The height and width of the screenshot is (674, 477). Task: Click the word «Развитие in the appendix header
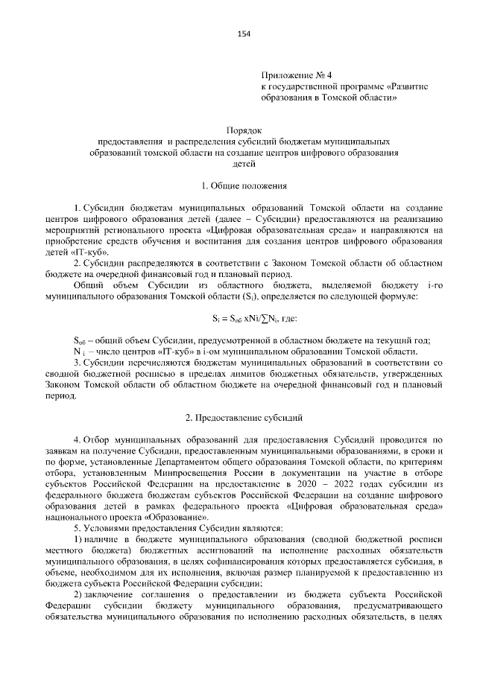tap(420, 86)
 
